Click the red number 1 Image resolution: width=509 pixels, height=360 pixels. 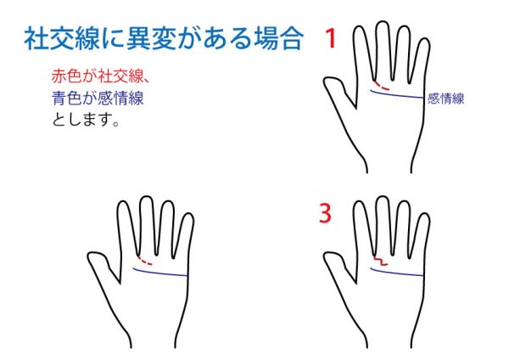(331, 38)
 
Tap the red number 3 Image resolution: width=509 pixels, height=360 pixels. (325, 213)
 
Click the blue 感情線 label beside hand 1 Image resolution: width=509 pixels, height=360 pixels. (445, 98)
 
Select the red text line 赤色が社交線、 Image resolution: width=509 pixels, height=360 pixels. (100, 76)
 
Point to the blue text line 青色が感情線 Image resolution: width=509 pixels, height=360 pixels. (98, 98)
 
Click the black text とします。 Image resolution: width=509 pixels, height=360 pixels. (86, 119)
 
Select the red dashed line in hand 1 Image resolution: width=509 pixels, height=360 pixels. (381, 86)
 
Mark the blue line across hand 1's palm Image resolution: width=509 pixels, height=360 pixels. (397, 94)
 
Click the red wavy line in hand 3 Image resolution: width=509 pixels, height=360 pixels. (380, 262)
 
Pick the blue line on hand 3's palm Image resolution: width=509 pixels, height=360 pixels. (397, 273)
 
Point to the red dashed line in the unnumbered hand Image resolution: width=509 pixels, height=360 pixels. (144, 261)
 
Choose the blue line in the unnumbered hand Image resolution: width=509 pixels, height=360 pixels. (160, 273)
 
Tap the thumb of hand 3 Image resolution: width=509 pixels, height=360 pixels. (338, 266)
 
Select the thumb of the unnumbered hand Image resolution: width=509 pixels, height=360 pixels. (102, 265)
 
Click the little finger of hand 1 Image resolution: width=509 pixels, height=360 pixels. (422, 62)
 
